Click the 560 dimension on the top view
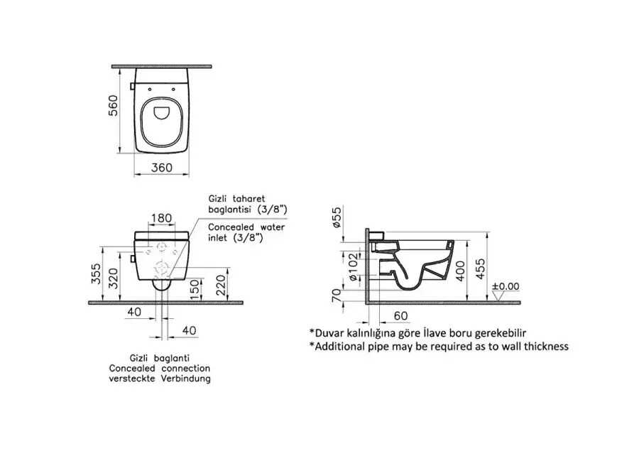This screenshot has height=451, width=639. [113, 106]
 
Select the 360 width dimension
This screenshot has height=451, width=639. [162, 168]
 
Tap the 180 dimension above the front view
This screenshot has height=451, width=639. [161, 218]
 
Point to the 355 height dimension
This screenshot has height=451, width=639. [95, 275]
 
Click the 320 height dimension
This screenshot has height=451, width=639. [114, 278]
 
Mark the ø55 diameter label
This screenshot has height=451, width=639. [336, 217]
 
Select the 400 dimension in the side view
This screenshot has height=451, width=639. [460, 271]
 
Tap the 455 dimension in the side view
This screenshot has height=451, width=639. [481, 268]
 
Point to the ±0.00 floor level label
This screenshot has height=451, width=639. [506, 286]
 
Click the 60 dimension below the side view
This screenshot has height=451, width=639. [401, 315]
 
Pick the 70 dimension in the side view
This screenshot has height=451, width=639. [337, 295]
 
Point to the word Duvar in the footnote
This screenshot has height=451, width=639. [328, 333]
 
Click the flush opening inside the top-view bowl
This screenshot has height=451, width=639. [162, 113]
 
